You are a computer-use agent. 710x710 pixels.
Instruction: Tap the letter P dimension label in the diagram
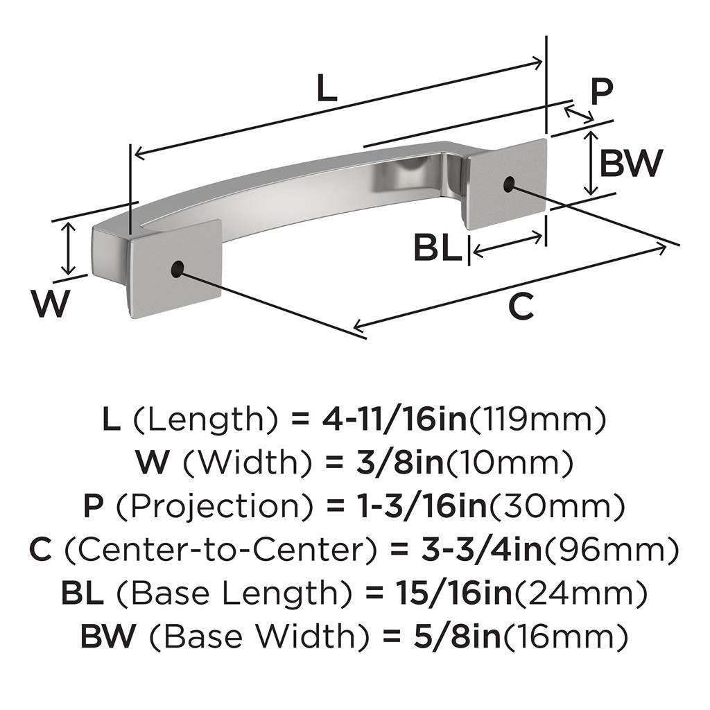pos(602,91)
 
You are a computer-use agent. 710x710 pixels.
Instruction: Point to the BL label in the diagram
pos(438,248)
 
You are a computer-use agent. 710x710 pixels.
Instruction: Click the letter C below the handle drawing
pos(521,306)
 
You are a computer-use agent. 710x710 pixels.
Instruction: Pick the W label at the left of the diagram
pos(52,303)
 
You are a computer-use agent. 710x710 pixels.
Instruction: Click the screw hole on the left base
pos(177,269)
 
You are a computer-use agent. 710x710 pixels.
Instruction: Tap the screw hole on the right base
pos(510,184)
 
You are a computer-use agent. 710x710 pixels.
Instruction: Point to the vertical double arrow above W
pos(67,248)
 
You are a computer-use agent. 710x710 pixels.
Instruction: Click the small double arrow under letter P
pos(579,113)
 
